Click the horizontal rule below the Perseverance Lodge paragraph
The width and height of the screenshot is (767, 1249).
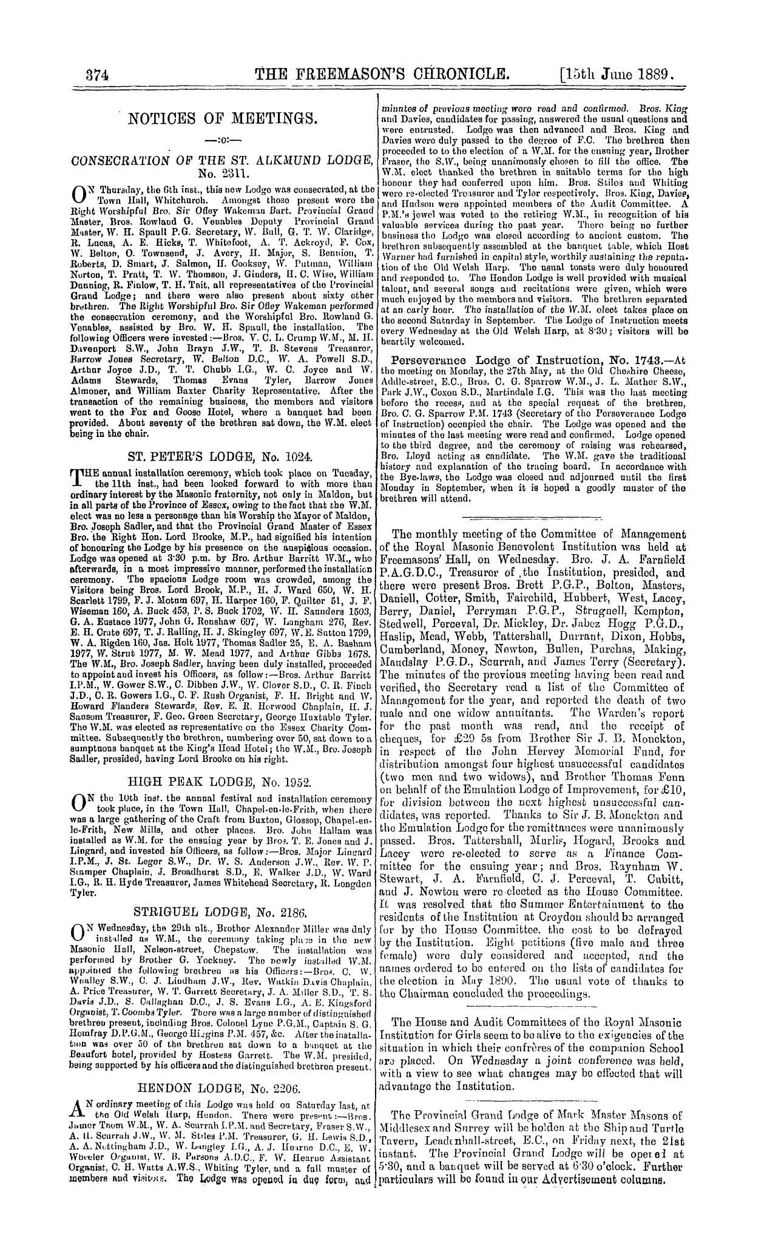(532, 517)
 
